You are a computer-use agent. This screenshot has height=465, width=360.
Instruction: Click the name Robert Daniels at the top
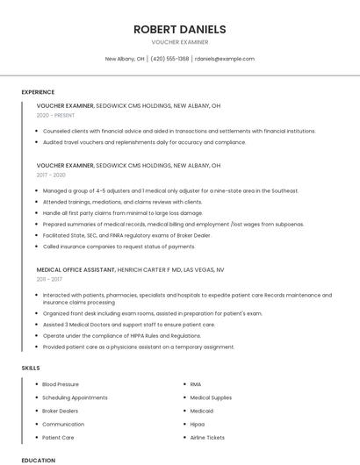[x=179, y=29]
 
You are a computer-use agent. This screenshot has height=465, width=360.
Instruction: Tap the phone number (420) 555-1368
[x=169, y=59]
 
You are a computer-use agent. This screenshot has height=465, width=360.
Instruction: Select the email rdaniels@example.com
[x=225, y=59]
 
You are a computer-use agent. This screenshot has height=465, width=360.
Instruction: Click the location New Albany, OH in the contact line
[x=125, y=59]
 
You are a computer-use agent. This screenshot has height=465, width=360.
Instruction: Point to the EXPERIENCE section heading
[x=38, y=92]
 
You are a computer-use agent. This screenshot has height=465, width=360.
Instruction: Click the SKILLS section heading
[x=31, y=368]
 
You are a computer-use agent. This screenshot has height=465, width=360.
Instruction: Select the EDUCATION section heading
[x=38, y=460]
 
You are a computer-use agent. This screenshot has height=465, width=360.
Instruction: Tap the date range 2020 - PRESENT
[x=56, y=115]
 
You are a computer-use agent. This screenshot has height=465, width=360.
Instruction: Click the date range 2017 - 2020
[x=52, y=175]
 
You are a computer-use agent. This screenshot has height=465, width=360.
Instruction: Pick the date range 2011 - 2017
[x=51, y=280]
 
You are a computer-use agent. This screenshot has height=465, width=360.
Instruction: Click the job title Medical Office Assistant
[x=76, y=270]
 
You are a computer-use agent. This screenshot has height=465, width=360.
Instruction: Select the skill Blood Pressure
[x=61, y=384]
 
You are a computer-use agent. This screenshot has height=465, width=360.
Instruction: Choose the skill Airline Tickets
[x=208, y=437]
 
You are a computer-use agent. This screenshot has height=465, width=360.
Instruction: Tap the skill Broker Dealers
[x=61, y=411]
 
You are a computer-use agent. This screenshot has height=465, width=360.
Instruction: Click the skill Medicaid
[x=201, y=411]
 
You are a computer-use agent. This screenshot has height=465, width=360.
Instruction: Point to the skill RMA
[x=196, y=384]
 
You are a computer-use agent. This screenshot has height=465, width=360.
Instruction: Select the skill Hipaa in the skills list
[x=198, y=424]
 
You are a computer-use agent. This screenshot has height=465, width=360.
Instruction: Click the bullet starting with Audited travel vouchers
[x=144, y=142]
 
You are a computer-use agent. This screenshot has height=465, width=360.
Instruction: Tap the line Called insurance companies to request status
[x=119, y=247]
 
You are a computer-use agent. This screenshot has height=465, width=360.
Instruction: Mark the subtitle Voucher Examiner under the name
[x=179, y=42]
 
